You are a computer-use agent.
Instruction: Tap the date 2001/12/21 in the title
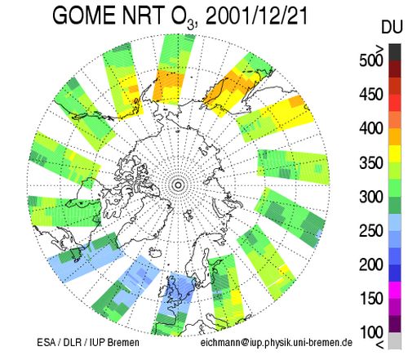[x=257, y=16]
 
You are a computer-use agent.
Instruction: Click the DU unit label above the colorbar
[x=392, y=27]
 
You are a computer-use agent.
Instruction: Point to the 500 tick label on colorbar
[x=371, y=60]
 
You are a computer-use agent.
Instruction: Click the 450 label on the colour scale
[x=371, y=94]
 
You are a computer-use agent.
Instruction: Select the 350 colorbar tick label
[x=371, y=162]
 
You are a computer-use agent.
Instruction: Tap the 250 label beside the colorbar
[x=371, y=231]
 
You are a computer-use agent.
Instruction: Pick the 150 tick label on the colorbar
[x=371, y=298]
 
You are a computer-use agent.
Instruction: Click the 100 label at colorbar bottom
[x=371, y=332]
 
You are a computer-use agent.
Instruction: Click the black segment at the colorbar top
[x=395, y=52]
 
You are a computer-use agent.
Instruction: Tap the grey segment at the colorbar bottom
[x=395, y=340]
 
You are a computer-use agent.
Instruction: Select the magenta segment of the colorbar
[x=395, y=290]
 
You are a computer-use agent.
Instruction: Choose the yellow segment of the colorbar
[x=395, y=154]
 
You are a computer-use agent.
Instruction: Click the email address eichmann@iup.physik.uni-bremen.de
[x=277, y=342]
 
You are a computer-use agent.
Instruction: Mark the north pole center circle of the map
[x=178, y=185]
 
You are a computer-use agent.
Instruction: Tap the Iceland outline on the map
[x=155, y=253]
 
